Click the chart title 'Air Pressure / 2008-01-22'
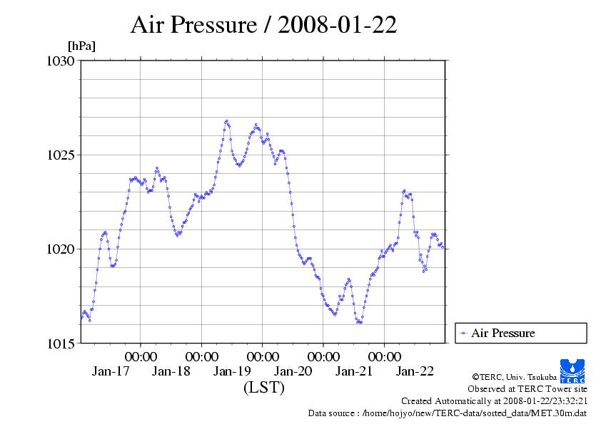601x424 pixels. pos(263,25)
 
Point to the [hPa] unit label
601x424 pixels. pos(81,46)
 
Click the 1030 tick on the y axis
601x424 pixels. pos(60,61)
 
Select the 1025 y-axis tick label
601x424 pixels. pos(60,155)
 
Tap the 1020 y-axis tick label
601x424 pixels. pos(60,249)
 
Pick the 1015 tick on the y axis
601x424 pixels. pos(60,343)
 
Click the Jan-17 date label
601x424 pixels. pos(111,371)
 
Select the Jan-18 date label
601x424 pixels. pos(171,371)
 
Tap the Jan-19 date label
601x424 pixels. pos(233,371)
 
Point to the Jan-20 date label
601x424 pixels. pos(293,371)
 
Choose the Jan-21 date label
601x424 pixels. pos(354,371)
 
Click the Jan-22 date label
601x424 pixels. pos(415,371)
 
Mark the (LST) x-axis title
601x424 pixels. pos(263,388)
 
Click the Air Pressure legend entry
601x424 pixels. pos(502,333)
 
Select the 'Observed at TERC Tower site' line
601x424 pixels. pos(527,389)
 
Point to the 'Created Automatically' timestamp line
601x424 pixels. pos(494,400)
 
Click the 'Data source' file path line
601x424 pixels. pos(448,413)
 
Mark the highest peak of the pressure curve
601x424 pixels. pos(226,121)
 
